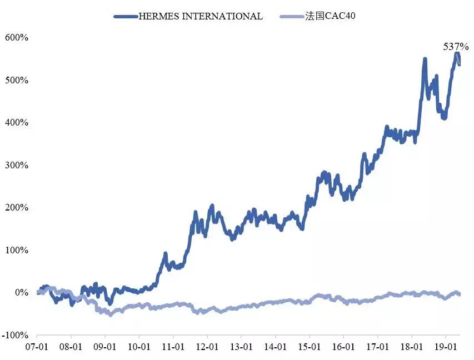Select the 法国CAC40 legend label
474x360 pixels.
point(330,16)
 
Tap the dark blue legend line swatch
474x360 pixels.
point(126,17)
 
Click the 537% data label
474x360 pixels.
point(456,47)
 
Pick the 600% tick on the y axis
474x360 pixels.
point(17,37)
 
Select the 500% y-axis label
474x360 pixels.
point(17,80)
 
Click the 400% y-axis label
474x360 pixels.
point(17,122)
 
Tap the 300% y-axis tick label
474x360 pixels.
point(17,165)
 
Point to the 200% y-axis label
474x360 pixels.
point(17,207)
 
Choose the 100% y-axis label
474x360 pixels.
point(17,250)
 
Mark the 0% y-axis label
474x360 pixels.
point(21,293)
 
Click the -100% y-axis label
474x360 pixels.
point(16,335)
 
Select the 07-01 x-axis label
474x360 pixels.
point(37,346)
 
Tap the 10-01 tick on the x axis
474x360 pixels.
point(139,346)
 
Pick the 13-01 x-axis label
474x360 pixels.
point(241,346)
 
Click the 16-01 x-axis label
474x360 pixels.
point(343,346)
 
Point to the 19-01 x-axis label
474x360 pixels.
point(446,346)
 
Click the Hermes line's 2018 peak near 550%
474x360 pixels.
point(425,59)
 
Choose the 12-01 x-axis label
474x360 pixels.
point(207,346)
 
